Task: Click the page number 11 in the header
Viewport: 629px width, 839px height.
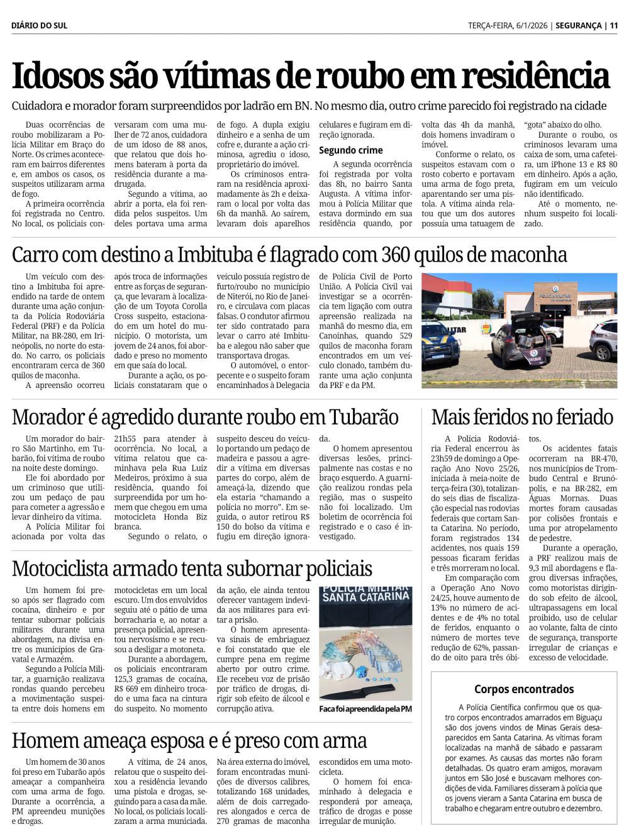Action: [x=614, y=26]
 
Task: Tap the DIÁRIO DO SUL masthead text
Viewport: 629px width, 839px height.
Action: [x=39, y=26]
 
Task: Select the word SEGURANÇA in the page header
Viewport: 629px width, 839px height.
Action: [x=579, y=26]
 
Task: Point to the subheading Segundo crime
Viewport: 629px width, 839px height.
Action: [x=350, y=150]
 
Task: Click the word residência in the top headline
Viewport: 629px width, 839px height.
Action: [x=535, y=76]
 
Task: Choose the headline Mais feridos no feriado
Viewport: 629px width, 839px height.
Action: [x=522, y=417]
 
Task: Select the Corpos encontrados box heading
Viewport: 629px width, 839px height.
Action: [x=524, y=689]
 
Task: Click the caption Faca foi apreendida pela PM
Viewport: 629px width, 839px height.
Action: [x=365, y=709]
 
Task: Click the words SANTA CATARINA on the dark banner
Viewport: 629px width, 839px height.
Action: [x=365, y=596]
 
